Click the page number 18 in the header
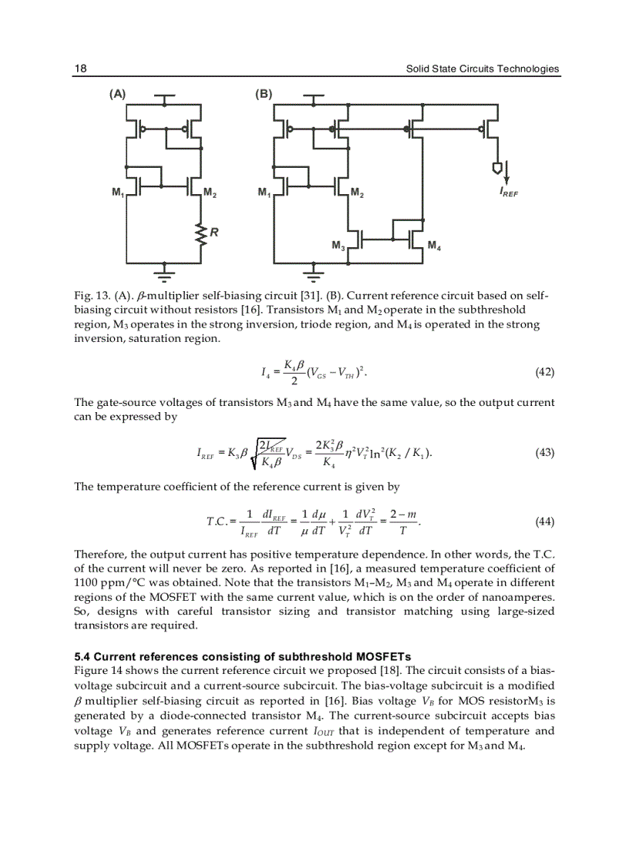pos(80,69)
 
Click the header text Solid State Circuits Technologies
pos(483,69)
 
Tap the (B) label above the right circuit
pos(264,94)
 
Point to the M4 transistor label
pos(434,246)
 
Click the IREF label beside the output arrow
pos(508,193)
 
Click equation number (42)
pos(544,372)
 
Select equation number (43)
pos(544,452)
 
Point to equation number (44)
pos(544,521)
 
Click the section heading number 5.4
pos(82,657)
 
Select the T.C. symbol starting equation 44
pos(217,522)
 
